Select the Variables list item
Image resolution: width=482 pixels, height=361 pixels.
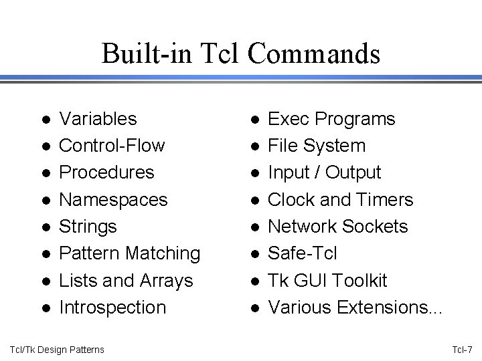pos(98,119)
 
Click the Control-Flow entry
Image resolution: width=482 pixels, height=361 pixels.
pos(112,146)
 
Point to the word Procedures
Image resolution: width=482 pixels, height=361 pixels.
pos(106,172)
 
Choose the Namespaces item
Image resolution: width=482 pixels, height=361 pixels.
pos(114,199)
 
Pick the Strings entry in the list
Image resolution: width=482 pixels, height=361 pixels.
pos(88,226)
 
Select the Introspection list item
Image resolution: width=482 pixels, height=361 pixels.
pos(112,307)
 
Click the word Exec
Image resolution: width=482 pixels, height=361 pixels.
pos(289,119)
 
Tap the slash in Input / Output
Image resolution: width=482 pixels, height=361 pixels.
pos(319,172)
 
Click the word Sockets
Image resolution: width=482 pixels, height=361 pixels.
pos(376,226)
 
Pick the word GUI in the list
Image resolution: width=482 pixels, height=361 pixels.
pos(313,280)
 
